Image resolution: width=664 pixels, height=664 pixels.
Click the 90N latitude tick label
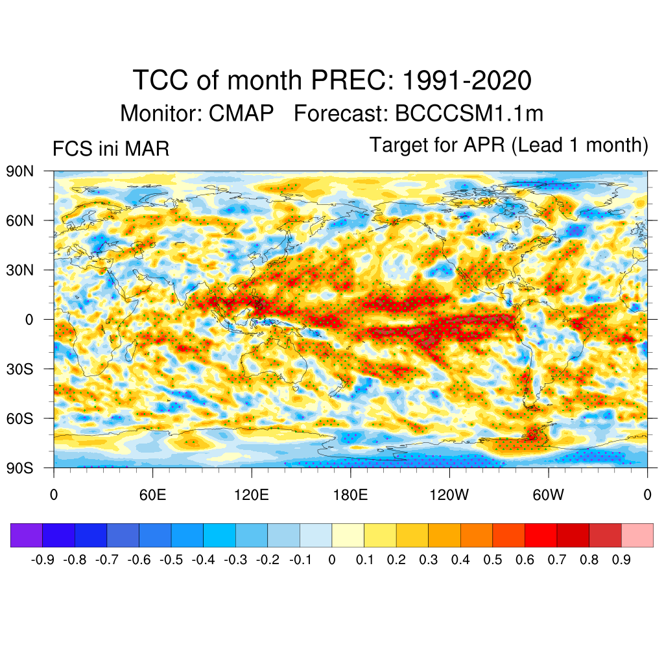(20, 171)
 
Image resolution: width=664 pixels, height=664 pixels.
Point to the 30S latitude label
(20, 369)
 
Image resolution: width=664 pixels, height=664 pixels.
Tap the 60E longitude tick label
(152, 495)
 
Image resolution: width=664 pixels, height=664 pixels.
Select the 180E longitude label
(350, 495)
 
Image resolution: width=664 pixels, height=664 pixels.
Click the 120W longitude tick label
(449, 495)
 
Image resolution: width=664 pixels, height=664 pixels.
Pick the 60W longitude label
(549, 495)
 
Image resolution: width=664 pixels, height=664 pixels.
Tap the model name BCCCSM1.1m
(469, 113)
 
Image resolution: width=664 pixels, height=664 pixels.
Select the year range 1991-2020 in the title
(467, 80)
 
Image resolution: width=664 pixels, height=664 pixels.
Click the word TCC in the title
(160, 80)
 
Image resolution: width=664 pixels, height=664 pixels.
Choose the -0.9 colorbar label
(42, 560)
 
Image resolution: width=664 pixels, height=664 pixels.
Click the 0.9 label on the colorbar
(621, 560)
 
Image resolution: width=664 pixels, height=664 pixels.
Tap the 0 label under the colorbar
(332, 560)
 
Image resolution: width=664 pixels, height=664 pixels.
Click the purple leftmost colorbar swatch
(27, 535)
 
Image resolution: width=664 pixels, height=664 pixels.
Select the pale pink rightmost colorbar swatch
(637, 535)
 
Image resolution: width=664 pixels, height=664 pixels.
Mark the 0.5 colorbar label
(493, 560)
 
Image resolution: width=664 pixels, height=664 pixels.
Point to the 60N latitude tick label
(20, 220)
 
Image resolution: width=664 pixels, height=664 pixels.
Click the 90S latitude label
(20, 468)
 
